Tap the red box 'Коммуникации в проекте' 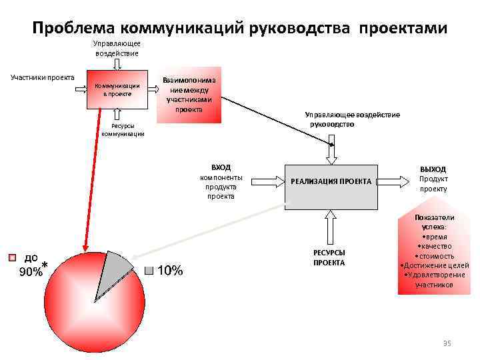point(117,90)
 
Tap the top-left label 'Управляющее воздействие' point(117,48)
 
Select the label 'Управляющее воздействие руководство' point(352,119)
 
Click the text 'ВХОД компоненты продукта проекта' point(221,181)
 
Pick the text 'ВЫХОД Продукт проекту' point(433,179)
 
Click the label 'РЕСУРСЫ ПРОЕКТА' point(329,258)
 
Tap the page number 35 point(447,343)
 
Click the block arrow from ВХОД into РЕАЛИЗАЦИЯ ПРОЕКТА point(267,181)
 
